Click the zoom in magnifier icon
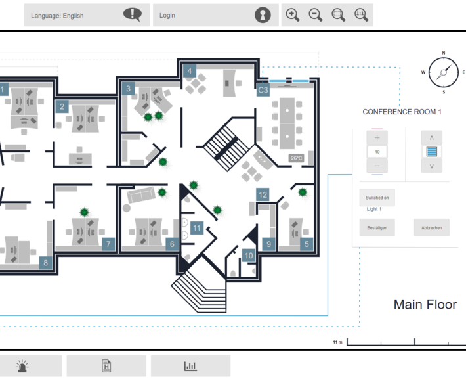[293, 14]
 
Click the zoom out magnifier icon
[316, 14]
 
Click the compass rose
[443, 72]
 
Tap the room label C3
[263, 89]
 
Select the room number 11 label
[196, 228]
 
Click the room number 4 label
[189, 71]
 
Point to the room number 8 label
[45, 263]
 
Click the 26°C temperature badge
[296, 158]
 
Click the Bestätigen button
[377, 228]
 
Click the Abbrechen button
[431, 228]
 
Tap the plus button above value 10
[377, 138]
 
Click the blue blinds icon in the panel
[431, 152]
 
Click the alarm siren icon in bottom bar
[23, 367]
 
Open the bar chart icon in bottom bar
[190, 367]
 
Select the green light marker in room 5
[303, 192]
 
